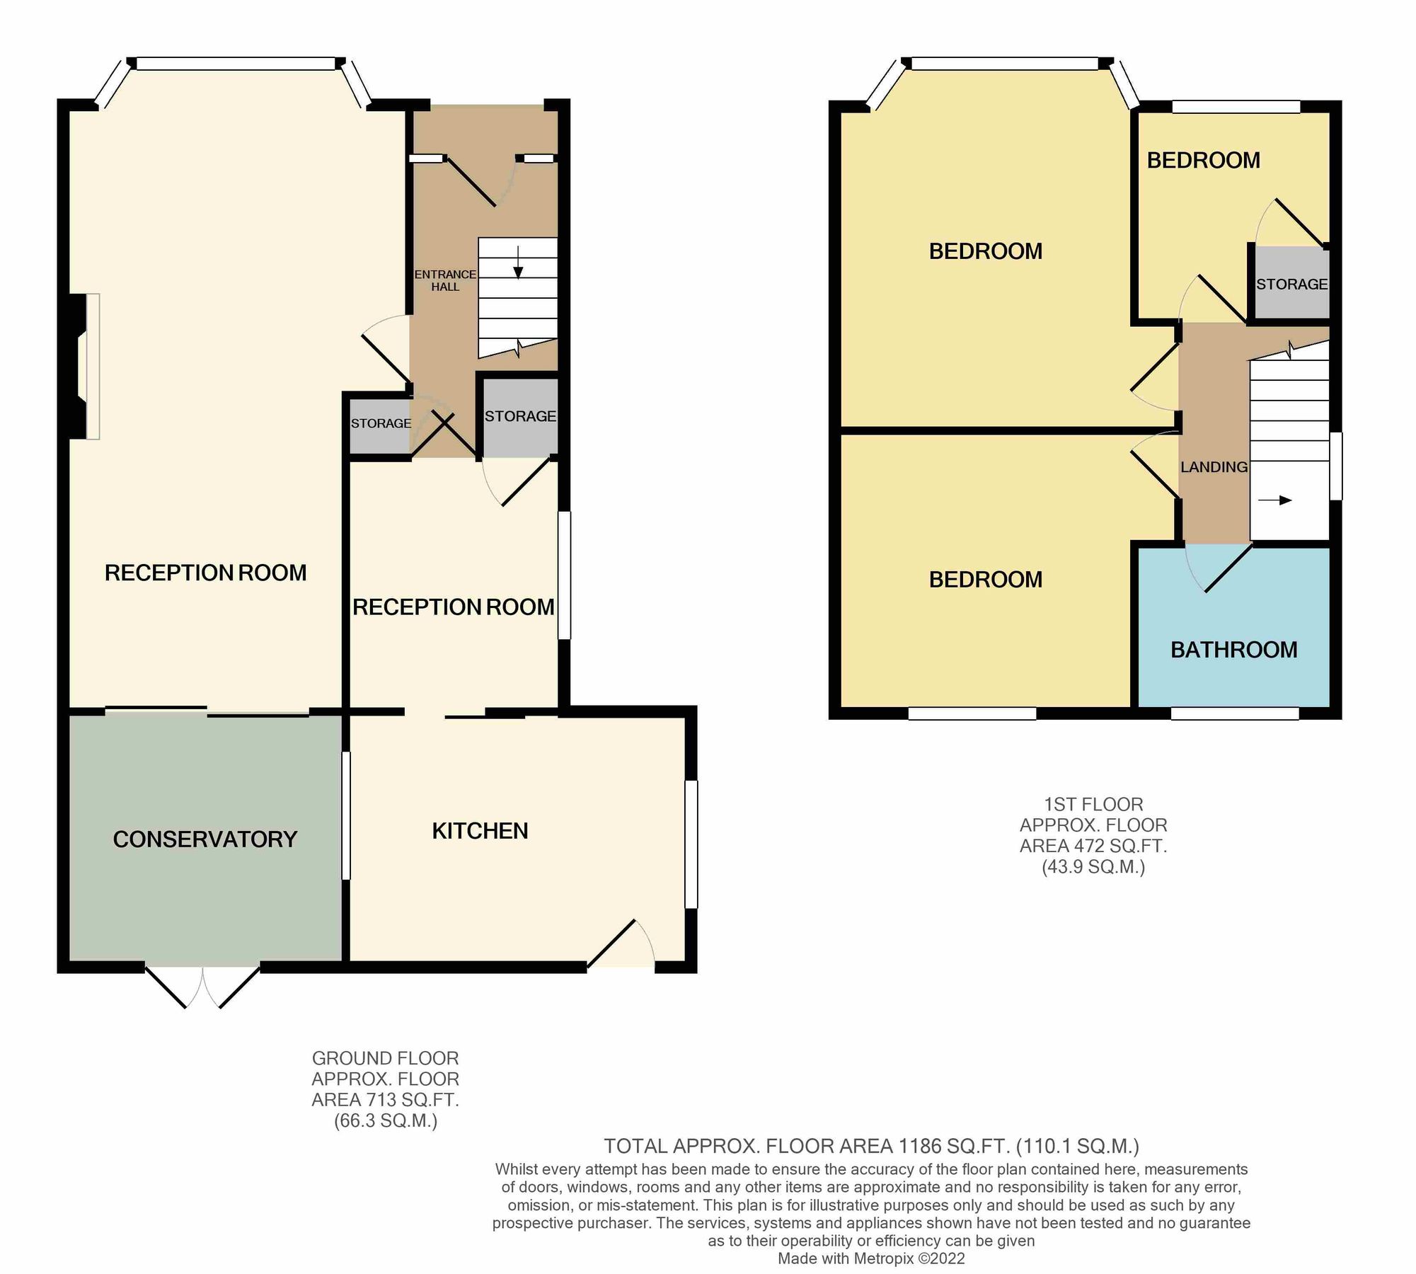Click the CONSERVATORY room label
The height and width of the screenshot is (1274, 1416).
(x=205, y=839)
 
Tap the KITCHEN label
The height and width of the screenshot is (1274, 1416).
(x=480, y=830)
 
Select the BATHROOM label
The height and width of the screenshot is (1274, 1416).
(x=1233, y=649)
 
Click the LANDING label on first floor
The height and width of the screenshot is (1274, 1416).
(x=1214, y=467)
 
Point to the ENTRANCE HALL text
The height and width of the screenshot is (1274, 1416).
(x=445, y=280)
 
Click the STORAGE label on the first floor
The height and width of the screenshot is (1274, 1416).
(x=1291, y=284)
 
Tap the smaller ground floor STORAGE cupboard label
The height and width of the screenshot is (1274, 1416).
(x=381, y=423)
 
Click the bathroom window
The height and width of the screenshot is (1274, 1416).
(x=1234, y=714)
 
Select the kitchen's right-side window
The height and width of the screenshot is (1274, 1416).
(x=691, y=844)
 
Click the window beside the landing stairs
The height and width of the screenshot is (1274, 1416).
(x=1335, y=466)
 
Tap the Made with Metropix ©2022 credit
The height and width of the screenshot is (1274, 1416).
(x=870, y=1258)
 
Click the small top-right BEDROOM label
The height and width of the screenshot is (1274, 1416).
(x=1203, y=161)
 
